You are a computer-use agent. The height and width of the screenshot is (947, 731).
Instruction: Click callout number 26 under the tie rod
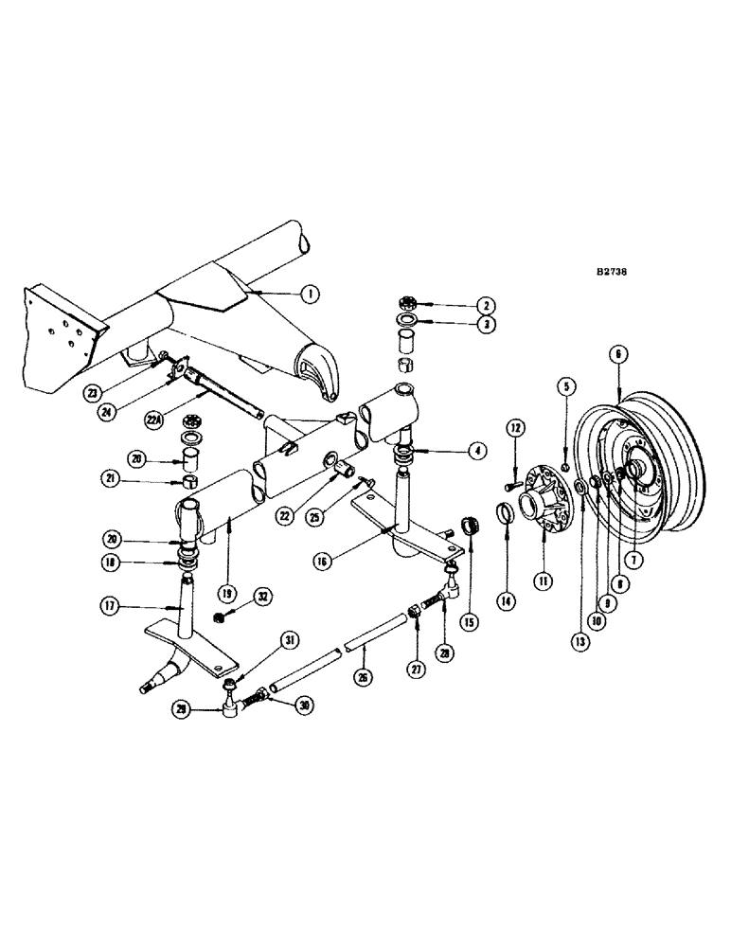pyautogui.click(x=364, y=677)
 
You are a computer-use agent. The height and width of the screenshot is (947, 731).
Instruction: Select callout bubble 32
pyautogui.click(x=262, y=598)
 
